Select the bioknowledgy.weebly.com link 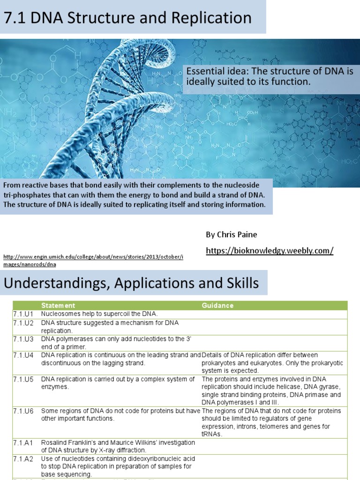tap(270, 251)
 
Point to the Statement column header tap(58, 306)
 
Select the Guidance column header tap(217, 306)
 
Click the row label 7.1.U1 tap(22, 314)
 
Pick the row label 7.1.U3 tap(22, 339)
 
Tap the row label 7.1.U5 tap(22, 379)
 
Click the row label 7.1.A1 tap(22, 442)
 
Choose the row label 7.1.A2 tap(22, 458)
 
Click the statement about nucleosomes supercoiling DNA tap(99, 314)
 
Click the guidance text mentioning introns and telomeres tap(272, 423)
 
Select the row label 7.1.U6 tap(22, 411)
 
